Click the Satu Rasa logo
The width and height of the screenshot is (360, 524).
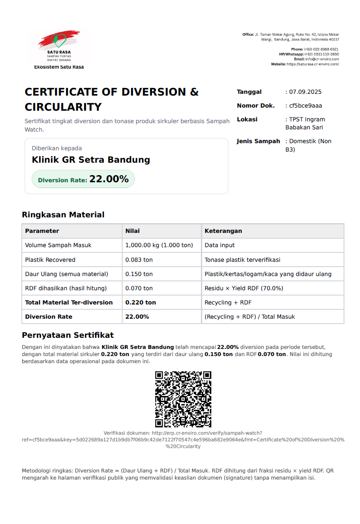(x=59, y=47)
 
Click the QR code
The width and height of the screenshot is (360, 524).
(x=183, y=399)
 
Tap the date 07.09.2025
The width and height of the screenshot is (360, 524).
(x=305, y=92)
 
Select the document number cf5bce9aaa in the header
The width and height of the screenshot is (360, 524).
(x=305, y=106)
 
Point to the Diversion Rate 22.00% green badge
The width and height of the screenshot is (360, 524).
(x=83, y=179)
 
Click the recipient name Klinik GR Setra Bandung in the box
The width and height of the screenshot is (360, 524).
(x=91, y=160)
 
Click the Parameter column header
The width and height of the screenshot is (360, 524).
(x=42, y=231)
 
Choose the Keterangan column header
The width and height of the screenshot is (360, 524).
(x=223, y=231)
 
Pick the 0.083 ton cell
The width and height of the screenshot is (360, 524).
(x=139, y=260)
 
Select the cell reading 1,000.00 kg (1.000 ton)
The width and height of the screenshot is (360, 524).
(x=159, y=245)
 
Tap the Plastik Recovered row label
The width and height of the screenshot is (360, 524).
(x=50, y=260)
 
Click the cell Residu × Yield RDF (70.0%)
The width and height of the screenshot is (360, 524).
(x=244, y=288)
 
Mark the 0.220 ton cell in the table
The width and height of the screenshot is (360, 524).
(x=140, y=303)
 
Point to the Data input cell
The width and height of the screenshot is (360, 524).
(x=220, y=245)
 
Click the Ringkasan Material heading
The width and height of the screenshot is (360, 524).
(x=63, y=215)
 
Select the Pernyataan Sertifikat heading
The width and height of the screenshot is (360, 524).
(x=68, y=335)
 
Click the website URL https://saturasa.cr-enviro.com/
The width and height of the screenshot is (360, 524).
(x=312, y=64)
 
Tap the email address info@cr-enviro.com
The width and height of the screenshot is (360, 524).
(x=322, y=59)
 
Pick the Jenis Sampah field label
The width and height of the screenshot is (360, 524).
(x=258, y=141)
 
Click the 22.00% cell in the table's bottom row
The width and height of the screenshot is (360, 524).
(x=137, y=317)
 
